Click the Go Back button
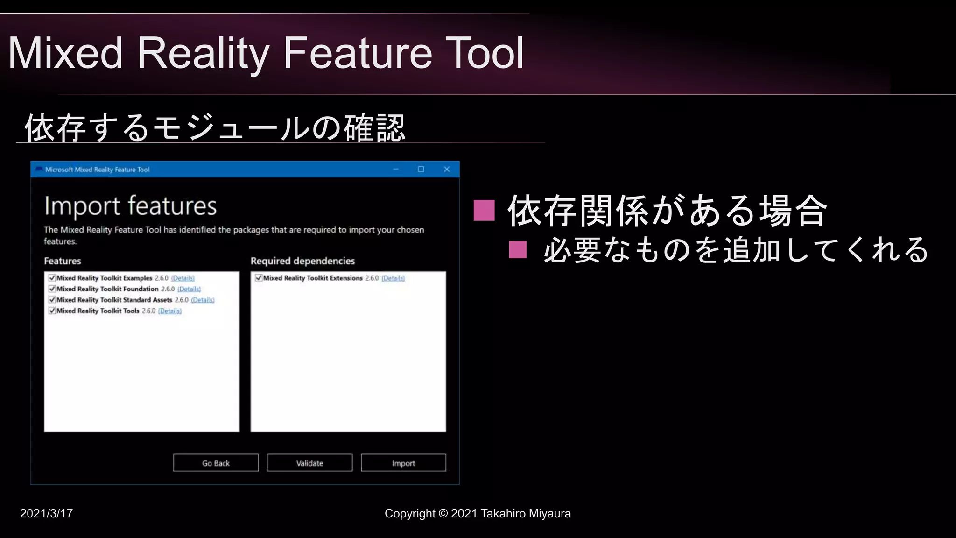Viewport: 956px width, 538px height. point(216,463)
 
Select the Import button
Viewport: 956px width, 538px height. point(403,463)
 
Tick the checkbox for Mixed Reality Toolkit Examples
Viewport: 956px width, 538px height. point(52,278)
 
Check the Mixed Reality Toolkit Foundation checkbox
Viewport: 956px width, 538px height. point(52,289)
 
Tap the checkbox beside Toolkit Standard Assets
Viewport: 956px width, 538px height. point(52,300)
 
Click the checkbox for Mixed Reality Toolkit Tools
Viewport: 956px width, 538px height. point(52,311)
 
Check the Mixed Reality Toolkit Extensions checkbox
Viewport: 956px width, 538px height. point(259,278)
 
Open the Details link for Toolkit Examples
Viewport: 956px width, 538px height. point(183,278)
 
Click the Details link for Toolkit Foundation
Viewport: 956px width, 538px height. point(189,289)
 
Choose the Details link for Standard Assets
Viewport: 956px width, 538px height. point(203,300)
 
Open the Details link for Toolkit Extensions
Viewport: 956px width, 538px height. point(393,278)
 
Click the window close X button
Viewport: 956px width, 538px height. point(447,169)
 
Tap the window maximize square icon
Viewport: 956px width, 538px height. point(421,169)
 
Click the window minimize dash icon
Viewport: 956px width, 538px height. point(396,169)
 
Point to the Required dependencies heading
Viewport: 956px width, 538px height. point(302,261)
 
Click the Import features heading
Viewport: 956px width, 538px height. point(131,206)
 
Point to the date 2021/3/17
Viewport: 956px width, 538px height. point(46,513)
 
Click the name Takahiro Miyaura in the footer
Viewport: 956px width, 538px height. point(526,513)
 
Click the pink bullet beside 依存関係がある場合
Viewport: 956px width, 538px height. point(484,210)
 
